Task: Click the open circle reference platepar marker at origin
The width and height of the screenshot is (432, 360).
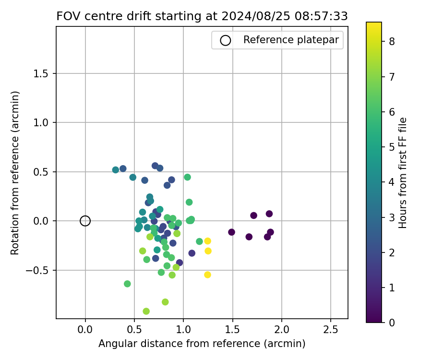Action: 85,221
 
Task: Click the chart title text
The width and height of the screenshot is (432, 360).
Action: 202,16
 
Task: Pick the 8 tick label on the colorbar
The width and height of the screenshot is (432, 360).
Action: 392,41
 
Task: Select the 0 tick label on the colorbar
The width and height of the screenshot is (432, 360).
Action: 392,322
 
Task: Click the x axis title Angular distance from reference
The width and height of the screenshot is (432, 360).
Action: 202,344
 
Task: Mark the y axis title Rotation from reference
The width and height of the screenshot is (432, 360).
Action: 15,173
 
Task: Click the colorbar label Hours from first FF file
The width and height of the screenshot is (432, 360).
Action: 403,173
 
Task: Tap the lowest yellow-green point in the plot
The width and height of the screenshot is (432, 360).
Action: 146,311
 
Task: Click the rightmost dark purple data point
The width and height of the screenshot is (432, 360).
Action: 270,232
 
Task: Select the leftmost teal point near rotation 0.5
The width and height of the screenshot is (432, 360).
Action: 116,170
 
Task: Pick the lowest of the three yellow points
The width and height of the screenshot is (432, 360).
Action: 207,275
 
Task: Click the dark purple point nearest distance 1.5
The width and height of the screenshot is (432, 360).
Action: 232,232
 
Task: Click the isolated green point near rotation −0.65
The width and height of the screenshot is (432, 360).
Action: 127,284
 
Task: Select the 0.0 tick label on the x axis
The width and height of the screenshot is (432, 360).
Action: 85,330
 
